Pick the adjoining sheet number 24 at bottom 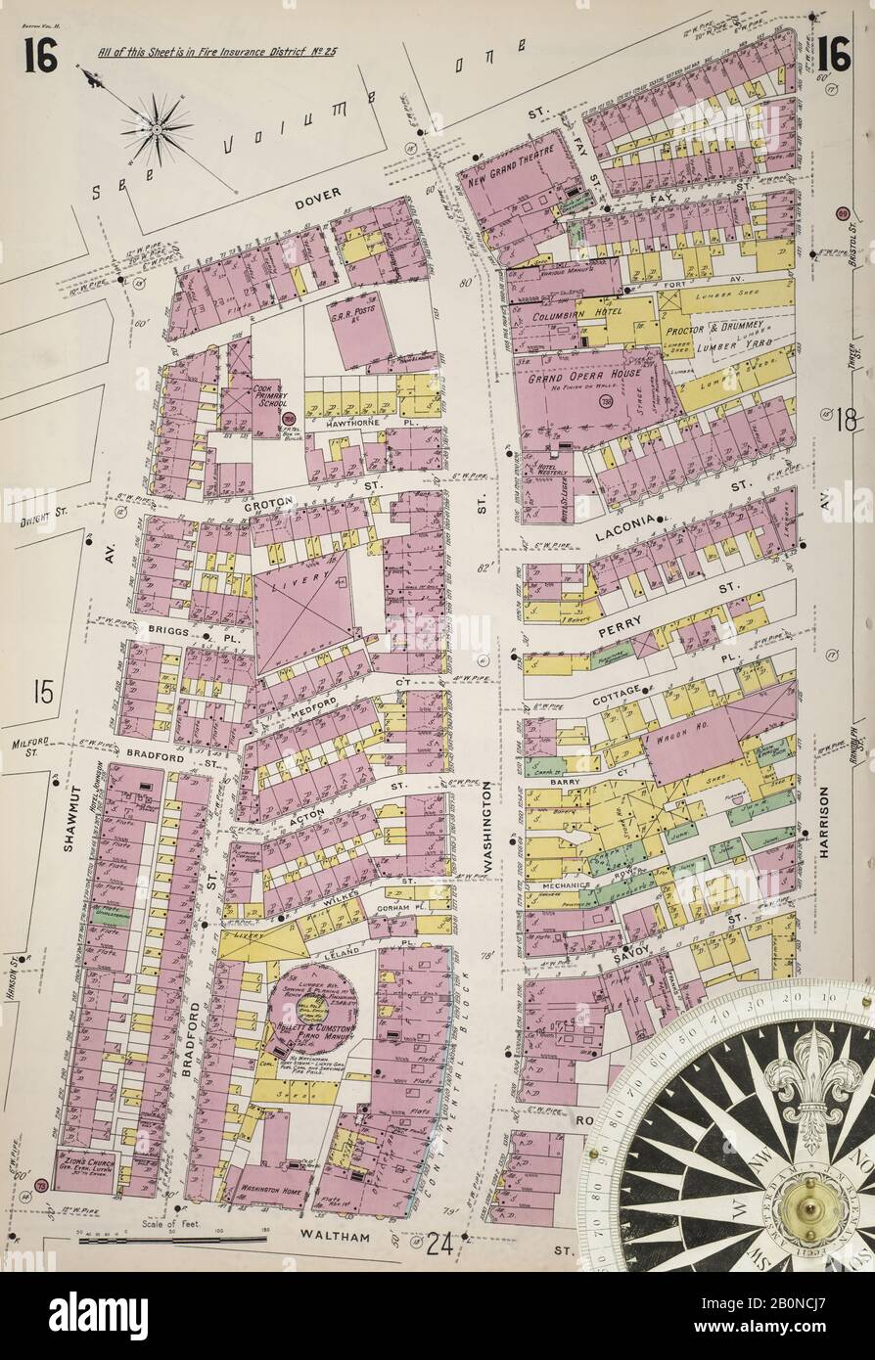coord(439,1243)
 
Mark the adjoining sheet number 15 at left coord(40,694)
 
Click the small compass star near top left coord(157,127)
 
